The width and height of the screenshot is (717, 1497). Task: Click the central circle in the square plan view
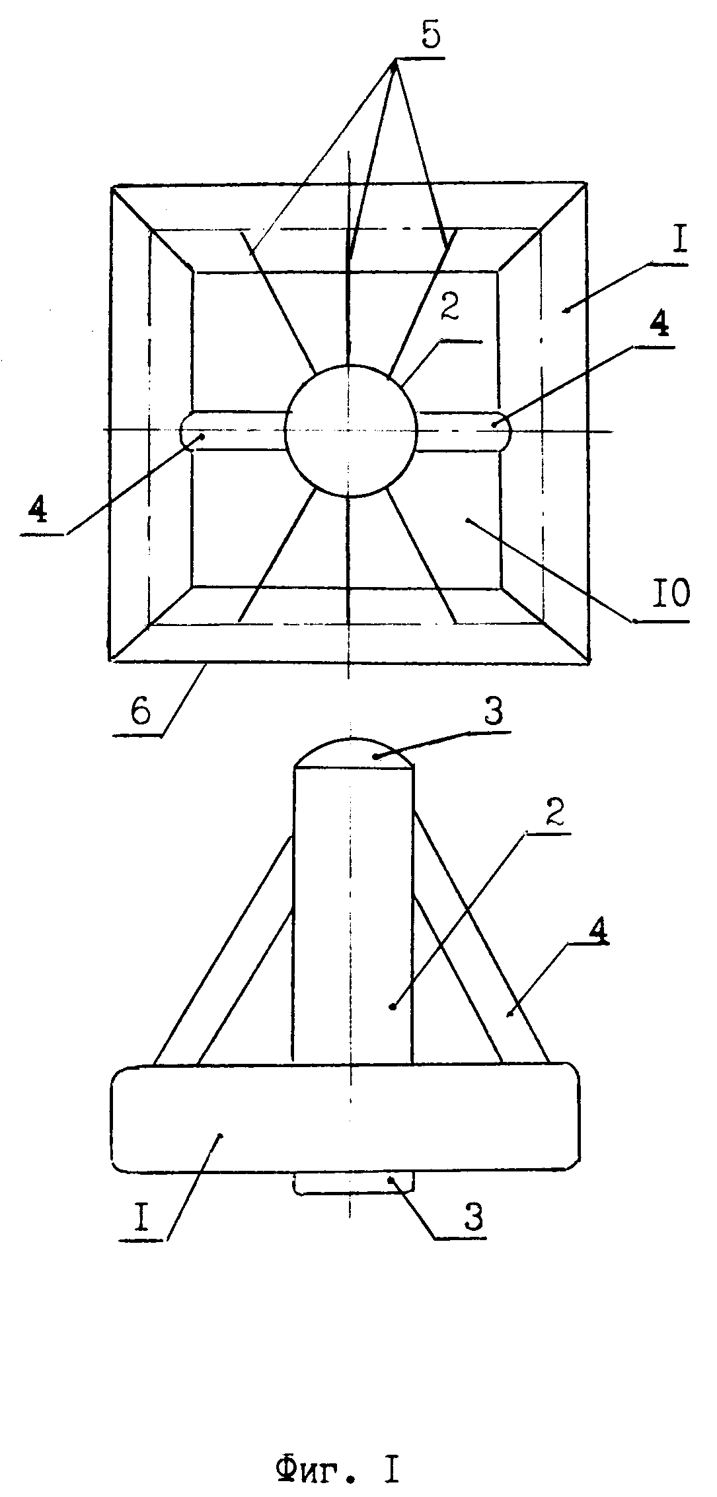351,430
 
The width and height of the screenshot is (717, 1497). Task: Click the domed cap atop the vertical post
354,752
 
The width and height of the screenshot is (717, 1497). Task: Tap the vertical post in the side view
353,916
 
